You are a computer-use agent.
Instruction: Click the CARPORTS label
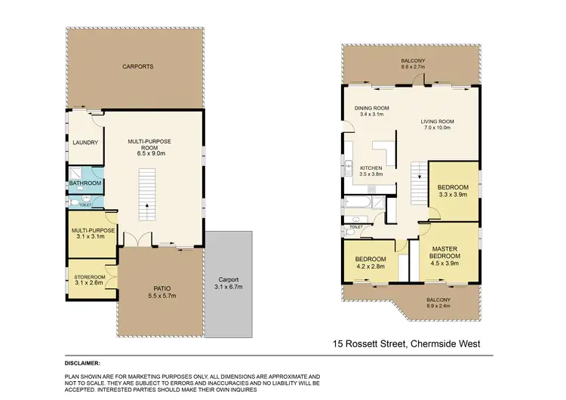[138, 66]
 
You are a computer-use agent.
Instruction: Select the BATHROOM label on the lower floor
[85, 183]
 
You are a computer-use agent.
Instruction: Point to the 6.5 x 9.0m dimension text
[152, 153]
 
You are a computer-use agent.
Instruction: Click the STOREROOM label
[89, 277]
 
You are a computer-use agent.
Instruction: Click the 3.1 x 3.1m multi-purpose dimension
[89, 236]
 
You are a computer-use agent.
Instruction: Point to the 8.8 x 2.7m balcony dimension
[414, 67]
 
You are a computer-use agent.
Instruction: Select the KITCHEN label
[371, 168]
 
